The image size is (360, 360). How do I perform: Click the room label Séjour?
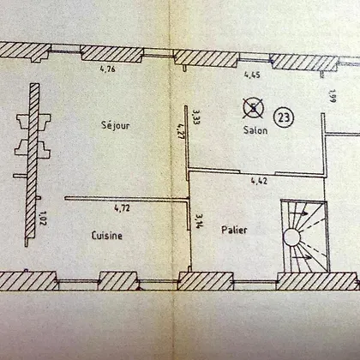click(x=116, y=125)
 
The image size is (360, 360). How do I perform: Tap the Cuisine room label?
click(x=107, y=235)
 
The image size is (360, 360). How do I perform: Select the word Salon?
click(x=255, y=130)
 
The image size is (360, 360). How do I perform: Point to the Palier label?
click(x=234, y=230)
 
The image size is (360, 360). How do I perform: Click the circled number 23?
click(x=284, y=117)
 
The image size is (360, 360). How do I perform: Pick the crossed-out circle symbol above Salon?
click(x=253, y=108)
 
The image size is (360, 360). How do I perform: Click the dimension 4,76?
click(x=108, y=69)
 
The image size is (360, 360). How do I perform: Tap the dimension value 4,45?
click(x=252, y=75)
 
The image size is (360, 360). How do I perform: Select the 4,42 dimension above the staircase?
click(x=259, y=181)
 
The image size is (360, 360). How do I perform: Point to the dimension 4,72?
click(x=122, y=208)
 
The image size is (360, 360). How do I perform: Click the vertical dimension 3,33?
click(x=196, y=117)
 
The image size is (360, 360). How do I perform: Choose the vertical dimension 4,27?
click(x=180, y=131)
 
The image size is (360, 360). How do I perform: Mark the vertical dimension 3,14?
click(x=198, y=221)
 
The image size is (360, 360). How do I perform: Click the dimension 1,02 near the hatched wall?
click(x=43, y=219)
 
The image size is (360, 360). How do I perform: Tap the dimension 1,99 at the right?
click(x=333, y=96)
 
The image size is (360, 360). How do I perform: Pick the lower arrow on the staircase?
click(x=303, y=257)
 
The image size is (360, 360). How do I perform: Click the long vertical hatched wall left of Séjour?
click(x=32, y=165)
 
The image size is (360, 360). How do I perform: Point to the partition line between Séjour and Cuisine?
click(x=127, y=198)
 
